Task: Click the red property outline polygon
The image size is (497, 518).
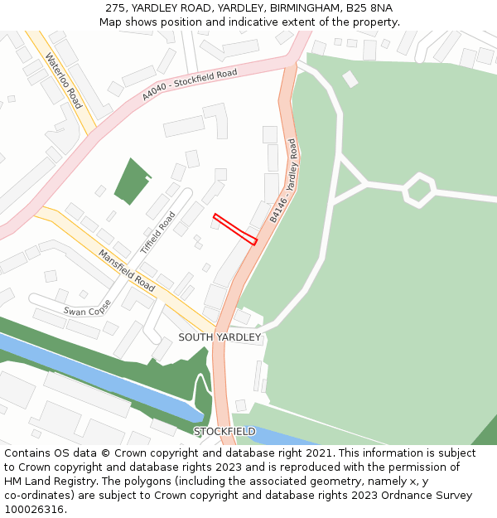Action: pos(235,230)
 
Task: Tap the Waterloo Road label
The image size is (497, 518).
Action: pos(64,80)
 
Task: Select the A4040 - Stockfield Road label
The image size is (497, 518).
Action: pos(189,85)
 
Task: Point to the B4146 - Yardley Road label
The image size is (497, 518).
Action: pos(283,181)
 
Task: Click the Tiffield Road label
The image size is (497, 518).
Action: pos(157,232)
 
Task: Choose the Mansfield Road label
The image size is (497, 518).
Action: pos(127,270)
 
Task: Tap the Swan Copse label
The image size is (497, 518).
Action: pos(87,306)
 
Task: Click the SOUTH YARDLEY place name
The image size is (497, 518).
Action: pos(220,337)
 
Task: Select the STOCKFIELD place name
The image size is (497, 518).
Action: pos(224,431)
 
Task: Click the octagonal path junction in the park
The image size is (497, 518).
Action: pos(419,190)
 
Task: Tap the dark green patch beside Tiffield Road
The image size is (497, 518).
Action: pos(132,181)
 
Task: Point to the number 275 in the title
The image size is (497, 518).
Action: pos(115,7)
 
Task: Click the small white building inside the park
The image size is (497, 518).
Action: pos(350,79)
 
